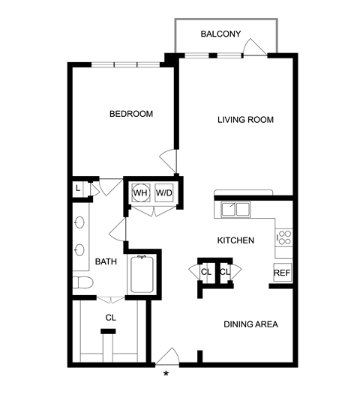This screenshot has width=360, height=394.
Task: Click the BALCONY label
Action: tap(220, 34)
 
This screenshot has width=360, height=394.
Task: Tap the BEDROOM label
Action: tap(131, 114)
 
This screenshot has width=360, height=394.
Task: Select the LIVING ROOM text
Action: tap(245, 120)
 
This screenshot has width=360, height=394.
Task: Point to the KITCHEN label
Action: tap(235, 240)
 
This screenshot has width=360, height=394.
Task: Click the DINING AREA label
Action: tap(250, 324)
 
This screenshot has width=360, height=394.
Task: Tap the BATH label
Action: tap(106, 261)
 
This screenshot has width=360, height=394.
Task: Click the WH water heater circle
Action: tap(140, 193)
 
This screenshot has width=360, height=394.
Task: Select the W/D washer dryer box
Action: tap(163, 193)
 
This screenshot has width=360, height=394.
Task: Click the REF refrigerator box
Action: tap(282, 273)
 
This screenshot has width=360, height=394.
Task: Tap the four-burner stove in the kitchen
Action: tap(283, 237)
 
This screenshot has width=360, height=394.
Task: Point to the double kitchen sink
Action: tap(235, 209)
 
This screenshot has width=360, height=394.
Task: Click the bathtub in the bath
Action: tap(142, 274)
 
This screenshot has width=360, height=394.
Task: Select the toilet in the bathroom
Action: tap(82, 282)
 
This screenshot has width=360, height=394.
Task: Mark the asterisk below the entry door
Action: tap(166, 374)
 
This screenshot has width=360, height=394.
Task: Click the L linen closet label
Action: tap(78, 188)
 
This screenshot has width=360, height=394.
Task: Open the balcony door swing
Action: tap(254, 46)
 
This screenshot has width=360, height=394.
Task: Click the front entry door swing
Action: tap(167, 357)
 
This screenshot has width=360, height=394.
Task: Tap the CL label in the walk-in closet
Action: tap(111, 318)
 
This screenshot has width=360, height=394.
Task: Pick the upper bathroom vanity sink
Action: tap(79, 222)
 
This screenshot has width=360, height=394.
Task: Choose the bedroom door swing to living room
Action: tap(168, 161)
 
